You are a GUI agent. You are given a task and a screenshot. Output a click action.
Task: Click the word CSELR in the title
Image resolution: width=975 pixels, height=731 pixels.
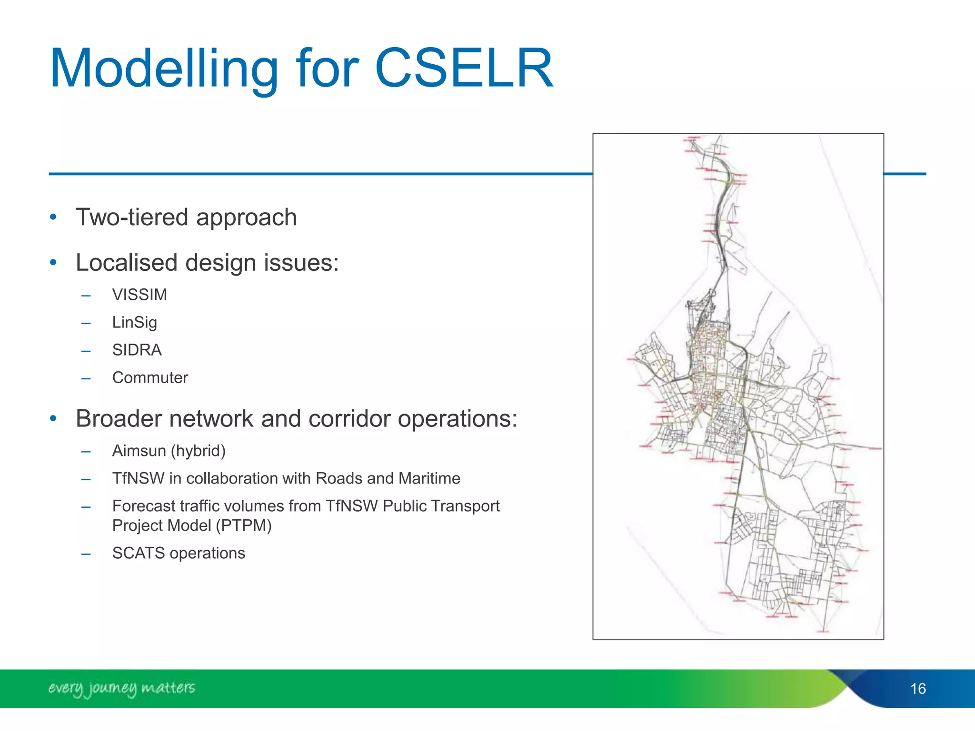coord(464,69)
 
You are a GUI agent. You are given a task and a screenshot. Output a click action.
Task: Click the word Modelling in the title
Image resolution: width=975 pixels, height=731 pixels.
coord(164,69)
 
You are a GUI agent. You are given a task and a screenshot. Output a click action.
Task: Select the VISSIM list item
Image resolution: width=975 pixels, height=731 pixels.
coord(139,295)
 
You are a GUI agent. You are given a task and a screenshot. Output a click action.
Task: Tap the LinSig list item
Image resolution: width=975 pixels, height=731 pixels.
coord(134,323)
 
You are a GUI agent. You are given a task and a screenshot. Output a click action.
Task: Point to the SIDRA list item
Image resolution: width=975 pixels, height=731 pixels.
coord(137,350)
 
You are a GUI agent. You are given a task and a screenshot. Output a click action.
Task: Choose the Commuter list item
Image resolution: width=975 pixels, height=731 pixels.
coord(150,378)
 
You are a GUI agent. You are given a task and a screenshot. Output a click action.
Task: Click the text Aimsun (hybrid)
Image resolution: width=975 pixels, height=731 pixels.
coord(169,451)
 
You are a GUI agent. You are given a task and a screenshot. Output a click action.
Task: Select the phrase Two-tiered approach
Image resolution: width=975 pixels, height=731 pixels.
coord(186,217)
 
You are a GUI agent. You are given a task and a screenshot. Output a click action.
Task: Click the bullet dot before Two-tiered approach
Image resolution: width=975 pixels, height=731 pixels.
coord(53,217)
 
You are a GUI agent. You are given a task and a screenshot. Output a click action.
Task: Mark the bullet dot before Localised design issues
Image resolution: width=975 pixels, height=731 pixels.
coord(53,263)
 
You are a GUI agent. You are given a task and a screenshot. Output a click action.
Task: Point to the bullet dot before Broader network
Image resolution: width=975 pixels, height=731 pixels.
coord(53,419)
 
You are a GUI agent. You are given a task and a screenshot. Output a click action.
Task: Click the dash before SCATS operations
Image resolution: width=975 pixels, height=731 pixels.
coord(86,553)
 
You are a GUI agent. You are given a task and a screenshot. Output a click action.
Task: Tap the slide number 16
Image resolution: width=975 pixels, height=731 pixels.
coord(918,689)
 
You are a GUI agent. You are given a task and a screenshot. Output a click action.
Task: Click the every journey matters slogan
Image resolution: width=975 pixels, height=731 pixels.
coord(121,688)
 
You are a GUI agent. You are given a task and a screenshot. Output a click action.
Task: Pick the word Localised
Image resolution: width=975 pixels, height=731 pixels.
coord(127,263)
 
